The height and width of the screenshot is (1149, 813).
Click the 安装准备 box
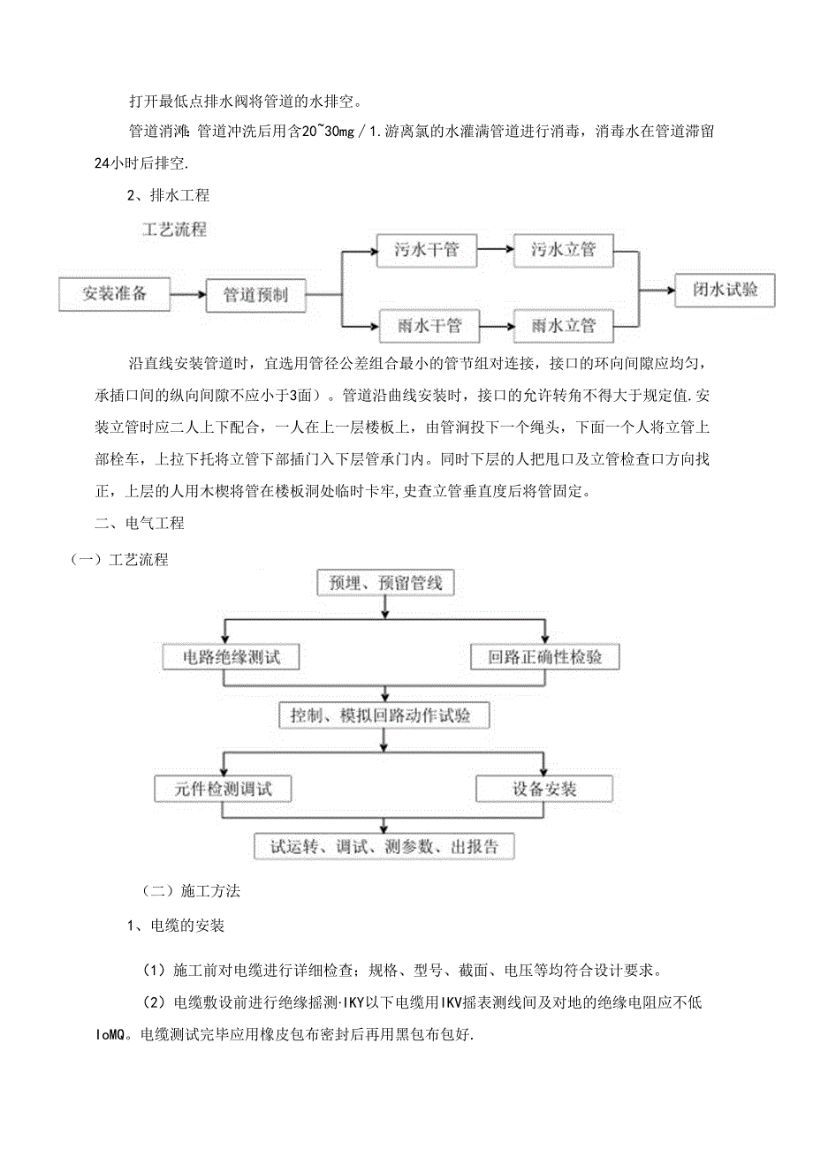pos(115,294)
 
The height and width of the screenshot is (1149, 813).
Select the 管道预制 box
pos(256,295)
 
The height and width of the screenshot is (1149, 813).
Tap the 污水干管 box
pos(427,250)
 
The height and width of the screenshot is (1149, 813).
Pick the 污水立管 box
pos(564,250)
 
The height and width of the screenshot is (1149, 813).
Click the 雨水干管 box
pos(429,326)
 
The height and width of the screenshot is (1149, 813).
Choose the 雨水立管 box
pos(564,326)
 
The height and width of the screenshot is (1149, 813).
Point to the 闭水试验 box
pos(725,290)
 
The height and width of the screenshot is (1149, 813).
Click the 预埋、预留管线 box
pos(385,583)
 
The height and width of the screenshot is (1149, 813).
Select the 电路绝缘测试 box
pos(231,657)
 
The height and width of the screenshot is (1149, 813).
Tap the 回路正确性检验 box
pos(543,657)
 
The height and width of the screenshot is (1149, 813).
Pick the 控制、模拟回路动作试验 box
pos(385,714)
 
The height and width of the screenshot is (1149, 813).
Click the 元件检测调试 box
pos(223,788)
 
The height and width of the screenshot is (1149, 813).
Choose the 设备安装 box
pos(544,788)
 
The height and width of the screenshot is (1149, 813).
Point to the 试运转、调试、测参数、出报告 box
pos(385,845)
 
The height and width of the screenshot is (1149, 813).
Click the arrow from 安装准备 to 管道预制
pos(188,295)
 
